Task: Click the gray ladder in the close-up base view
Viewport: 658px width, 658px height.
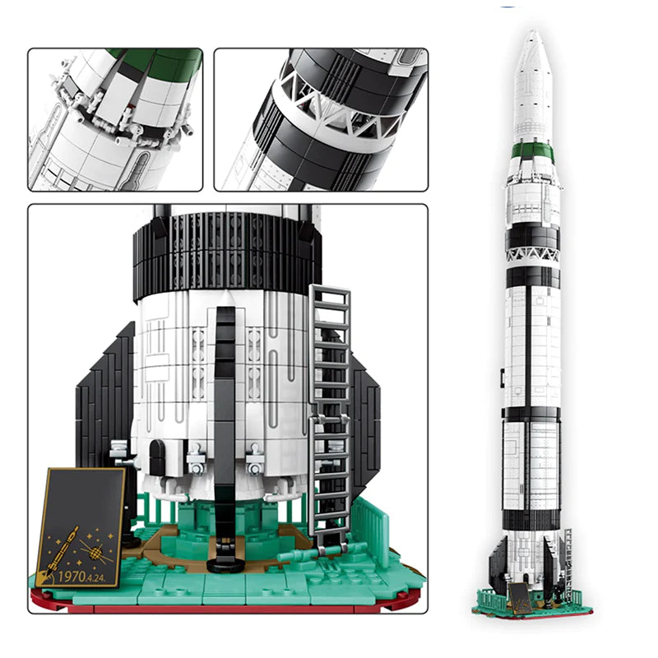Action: (331, 411)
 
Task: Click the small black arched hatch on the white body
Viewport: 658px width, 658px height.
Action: (156, 457)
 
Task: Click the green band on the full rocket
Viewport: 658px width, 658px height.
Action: (532, 151)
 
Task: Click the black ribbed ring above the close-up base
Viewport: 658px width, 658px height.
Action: (226, 251)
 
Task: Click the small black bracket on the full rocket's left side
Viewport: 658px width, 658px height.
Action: (503, 377)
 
